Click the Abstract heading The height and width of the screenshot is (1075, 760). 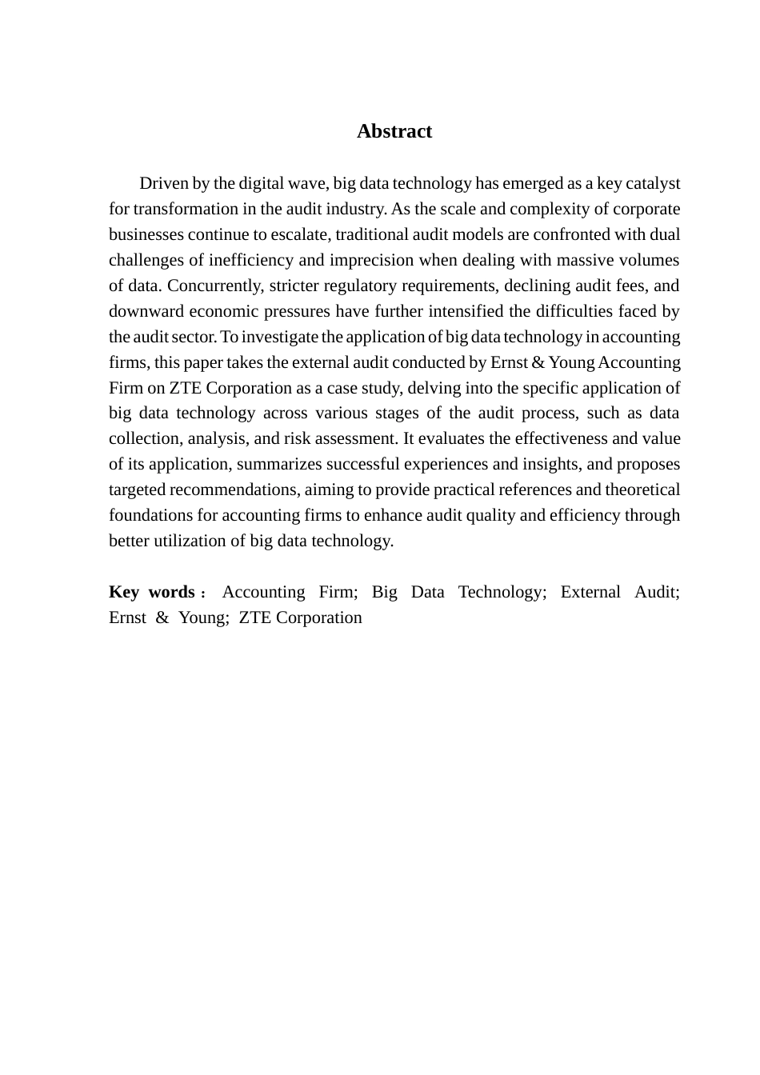[x=394, y=131]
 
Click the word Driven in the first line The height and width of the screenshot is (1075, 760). [x=164, y=183]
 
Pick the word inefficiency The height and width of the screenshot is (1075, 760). [x=250, y=260]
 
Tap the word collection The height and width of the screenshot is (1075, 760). [x=143, y=438]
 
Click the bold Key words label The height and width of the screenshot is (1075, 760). [x=153, y=592]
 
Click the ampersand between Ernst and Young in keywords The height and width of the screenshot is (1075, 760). [x=162, y=617]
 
